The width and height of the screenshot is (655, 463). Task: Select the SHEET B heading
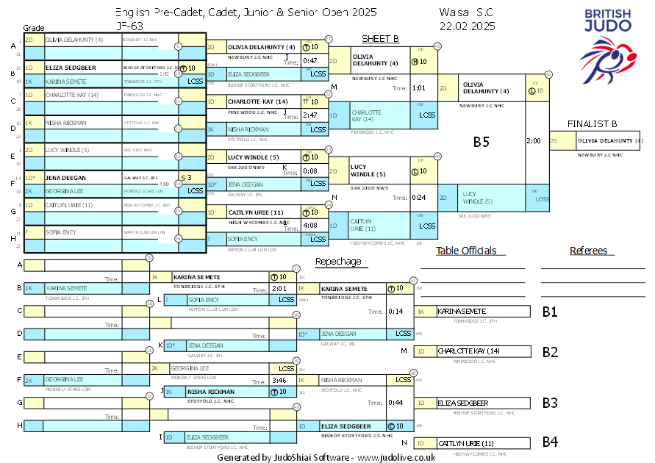pos(380,39)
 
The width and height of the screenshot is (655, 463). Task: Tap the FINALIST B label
pos(591,123)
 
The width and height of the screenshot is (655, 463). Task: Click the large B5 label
pos(481,142)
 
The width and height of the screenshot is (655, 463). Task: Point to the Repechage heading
pos(338,261)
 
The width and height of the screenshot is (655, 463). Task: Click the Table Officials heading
pos(466,251)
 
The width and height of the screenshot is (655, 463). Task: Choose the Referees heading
pos(589,251)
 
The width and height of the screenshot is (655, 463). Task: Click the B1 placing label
pos(550,312)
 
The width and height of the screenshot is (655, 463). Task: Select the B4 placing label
pos(550,442)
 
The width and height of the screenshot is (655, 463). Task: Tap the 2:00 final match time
pos(534,140)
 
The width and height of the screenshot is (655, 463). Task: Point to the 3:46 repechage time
pos(279,381)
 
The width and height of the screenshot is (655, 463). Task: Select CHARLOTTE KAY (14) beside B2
pos(465,351)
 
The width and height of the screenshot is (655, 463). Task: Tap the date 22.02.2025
pos(467,26)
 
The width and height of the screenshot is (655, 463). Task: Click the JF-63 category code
pos(129,25)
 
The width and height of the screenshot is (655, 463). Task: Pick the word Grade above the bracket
pos(34,26)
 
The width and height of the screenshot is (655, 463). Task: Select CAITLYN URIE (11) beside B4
pos(466,443)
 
